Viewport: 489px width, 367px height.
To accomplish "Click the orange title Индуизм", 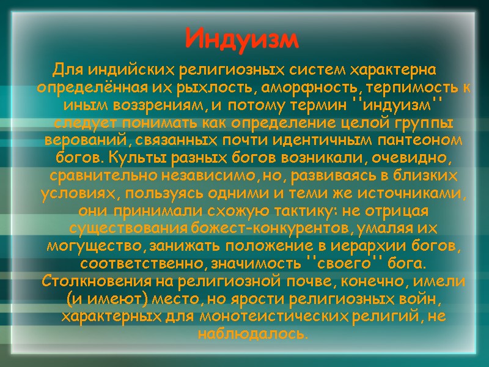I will [243, 39].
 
